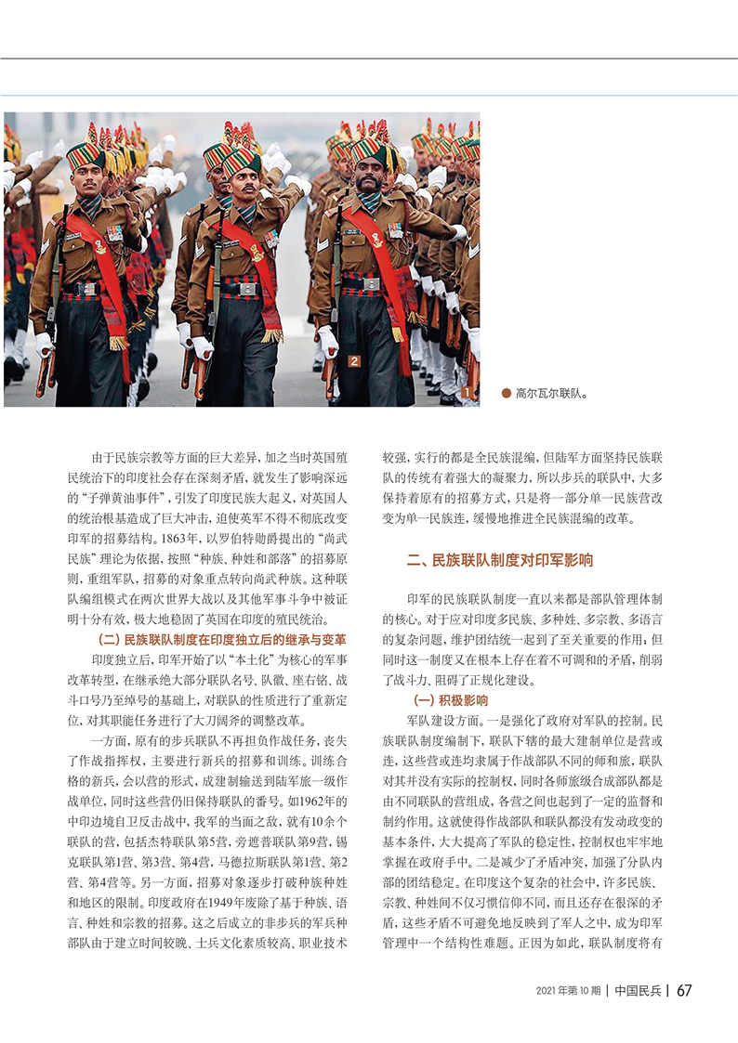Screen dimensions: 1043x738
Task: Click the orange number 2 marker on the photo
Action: (x=354, y=360)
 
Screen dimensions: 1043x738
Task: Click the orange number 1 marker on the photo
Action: (x=464, y=394)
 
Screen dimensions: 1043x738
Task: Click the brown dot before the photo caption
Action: (x=506, y=393)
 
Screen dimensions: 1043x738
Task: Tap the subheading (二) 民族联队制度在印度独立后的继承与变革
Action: (x=222, y=640)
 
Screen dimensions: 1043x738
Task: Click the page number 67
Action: (x=684, y=990)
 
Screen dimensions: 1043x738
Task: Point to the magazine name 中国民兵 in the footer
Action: (x=638, y=990)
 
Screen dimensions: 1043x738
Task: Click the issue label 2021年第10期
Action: (x=568, y=990)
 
